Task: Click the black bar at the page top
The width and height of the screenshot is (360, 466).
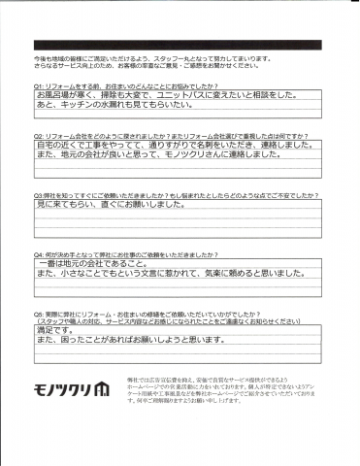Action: pyautogui.click(x=180, y=46)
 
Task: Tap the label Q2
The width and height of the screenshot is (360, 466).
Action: pyautogui.click(x=37, y=137)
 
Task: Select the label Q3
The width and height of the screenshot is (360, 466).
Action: pyautogui.click(x=37, y=196)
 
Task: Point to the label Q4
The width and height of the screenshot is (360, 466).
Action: pyautogui.click(x=37, y=254)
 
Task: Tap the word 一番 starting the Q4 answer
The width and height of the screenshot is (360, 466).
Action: pyautogui.click(x=46, y=265)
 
